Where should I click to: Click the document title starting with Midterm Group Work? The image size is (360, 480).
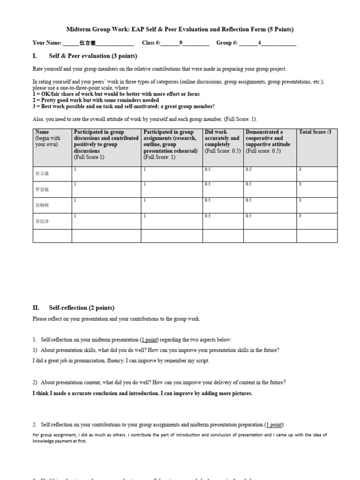180,29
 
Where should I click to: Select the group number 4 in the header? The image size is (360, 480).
260,43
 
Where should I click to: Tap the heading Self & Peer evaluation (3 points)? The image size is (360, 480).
93,56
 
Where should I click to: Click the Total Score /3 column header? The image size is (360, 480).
315,132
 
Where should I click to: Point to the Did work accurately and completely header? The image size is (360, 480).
222,141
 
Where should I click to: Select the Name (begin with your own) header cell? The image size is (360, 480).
48,138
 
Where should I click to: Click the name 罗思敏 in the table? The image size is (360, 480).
42,190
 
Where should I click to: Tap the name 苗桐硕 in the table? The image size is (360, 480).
42,205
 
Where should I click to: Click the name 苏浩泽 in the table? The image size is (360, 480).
42,221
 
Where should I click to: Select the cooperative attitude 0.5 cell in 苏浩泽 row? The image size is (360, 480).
248,216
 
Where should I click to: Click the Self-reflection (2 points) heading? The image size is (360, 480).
82,308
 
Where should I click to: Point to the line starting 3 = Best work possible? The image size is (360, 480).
117,106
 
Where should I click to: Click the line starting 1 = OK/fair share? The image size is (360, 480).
116,94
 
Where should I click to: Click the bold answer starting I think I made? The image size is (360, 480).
142,393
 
